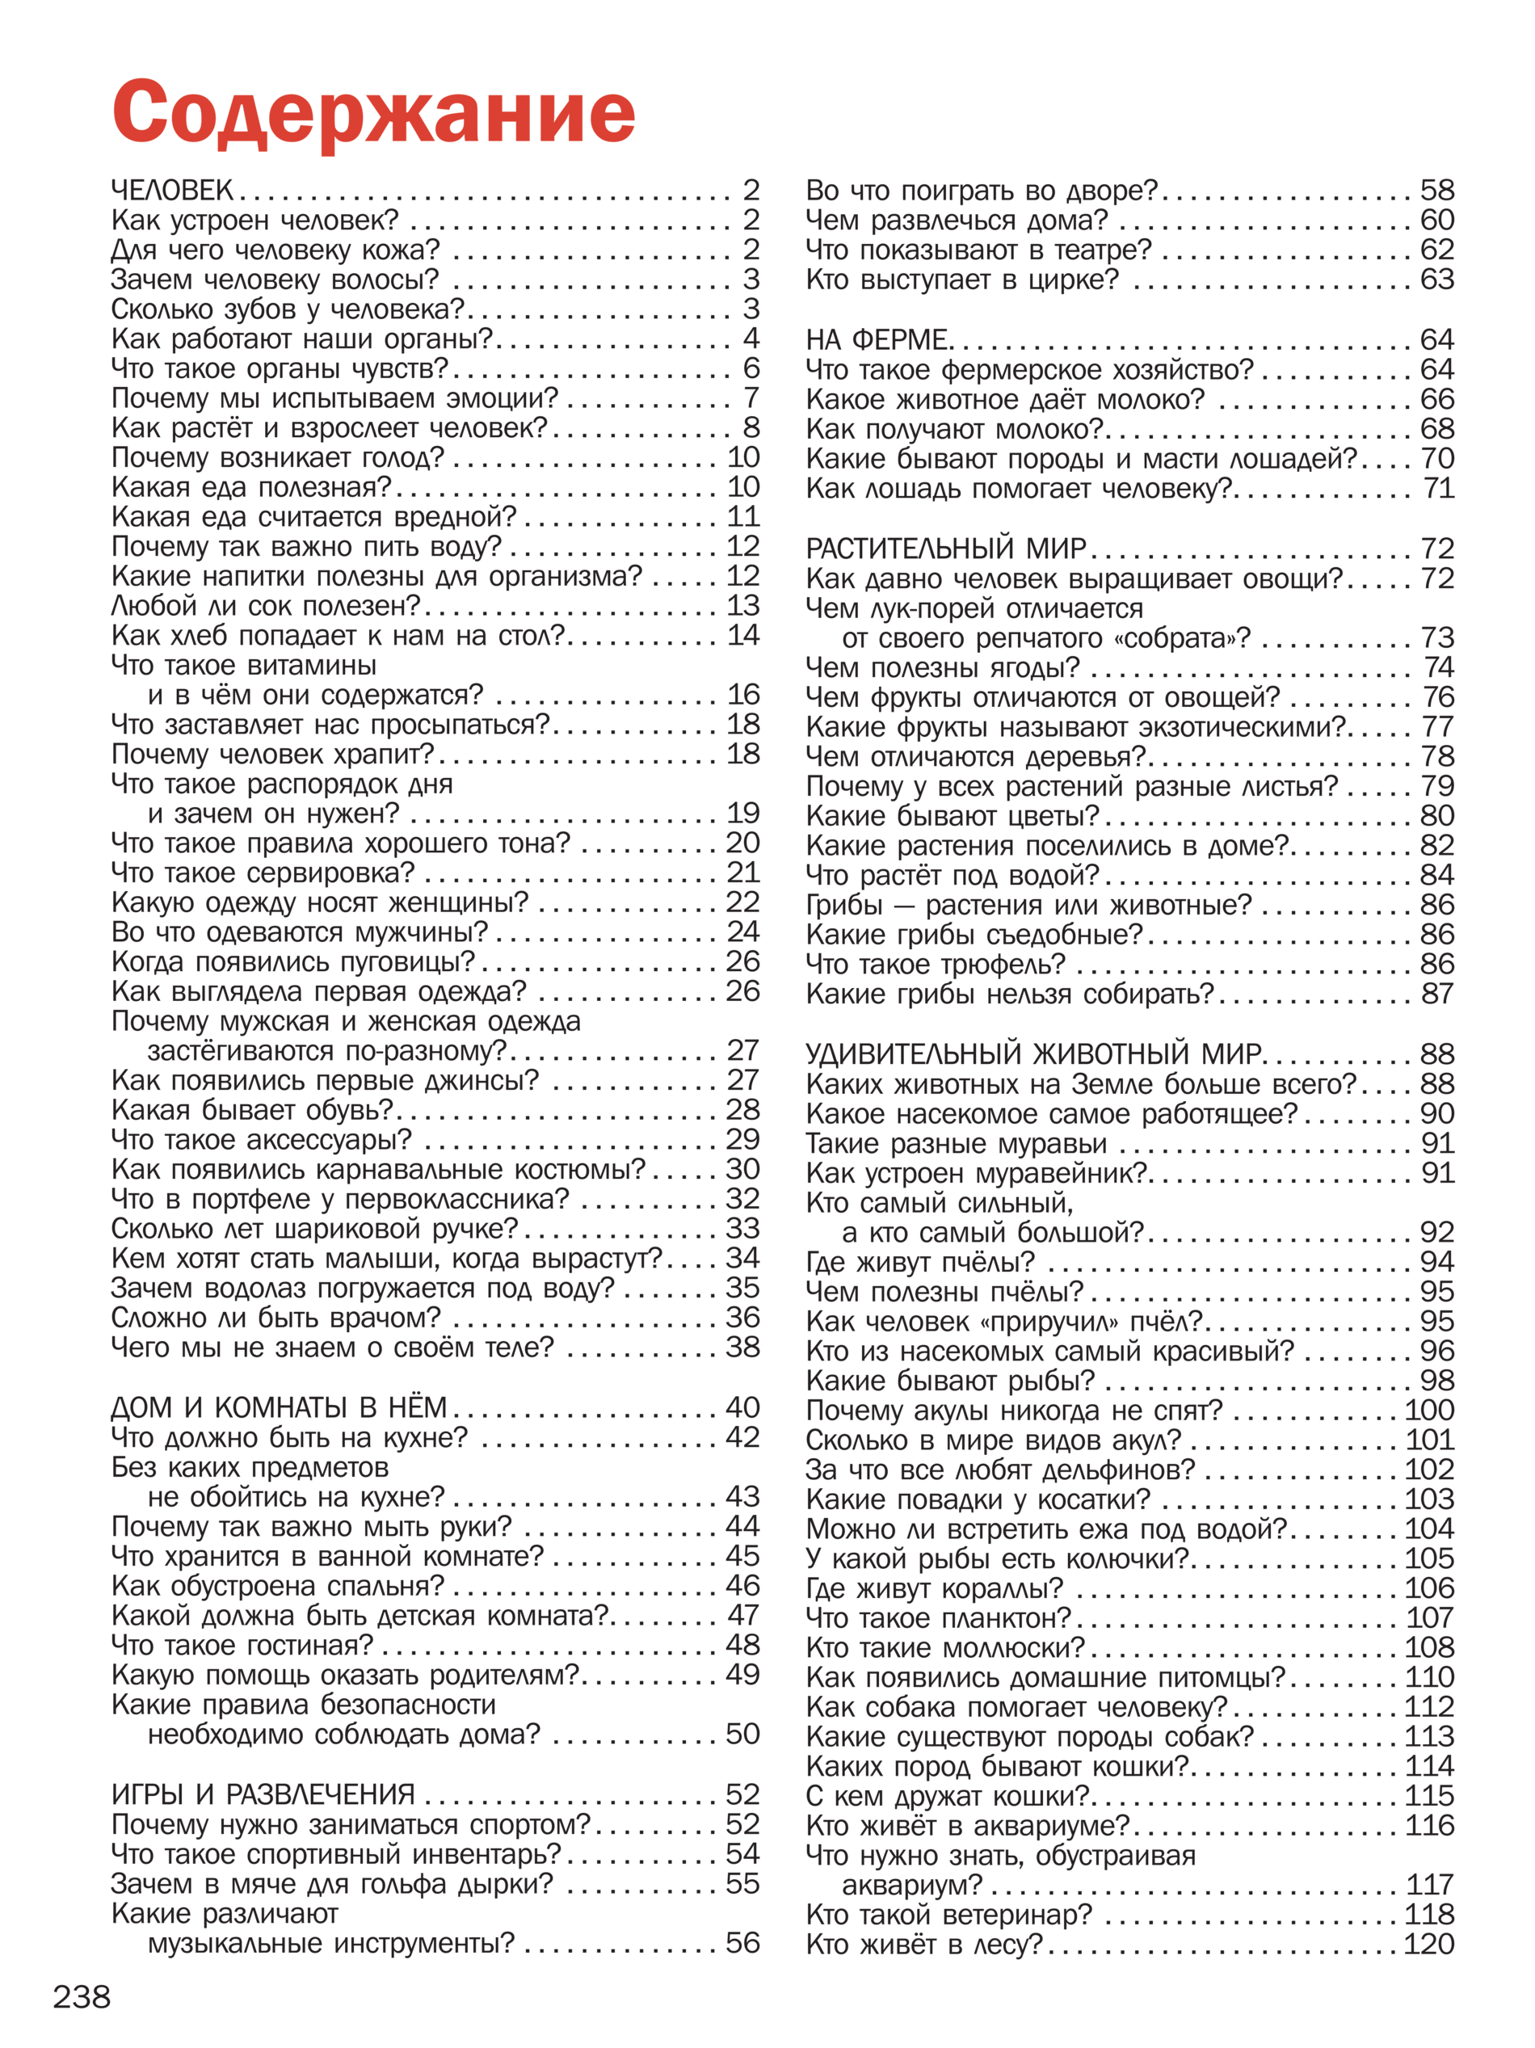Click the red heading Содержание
pyautogui.click(x=373, y=113)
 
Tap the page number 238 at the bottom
pyautogui.click(x=82, y=1997)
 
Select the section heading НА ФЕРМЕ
pyautogui.click(x=876, y=340)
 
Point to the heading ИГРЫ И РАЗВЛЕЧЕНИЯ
pyautogui.click(x=263, y=1794)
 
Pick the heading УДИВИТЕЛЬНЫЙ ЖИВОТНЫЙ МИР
pyautogui.click(x=1033, y=1053)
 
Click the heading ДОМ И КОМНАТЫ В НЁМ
pyautogui.click(x=279, y=1407)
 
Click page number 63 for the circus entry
pyautogui.click(x=1437, y=280)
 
